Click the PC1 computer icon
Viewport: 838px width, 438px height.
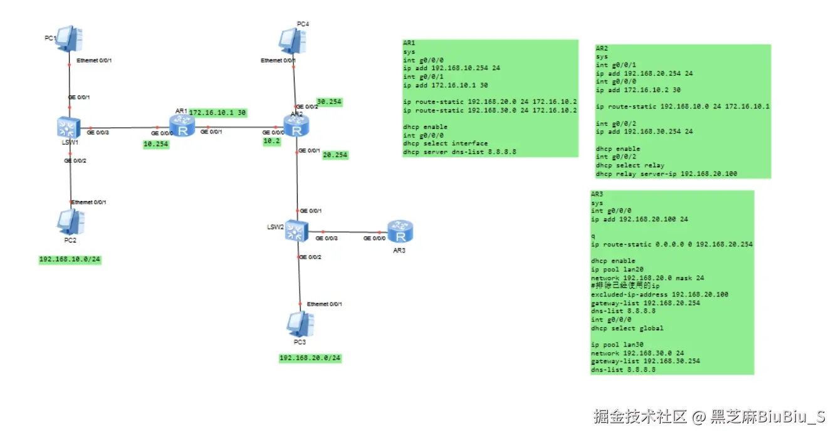coord(69,39)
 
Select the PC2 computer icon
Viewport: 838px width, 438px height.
coord(70,221)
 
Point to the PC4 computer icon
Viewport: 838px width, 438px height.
coord(293,41)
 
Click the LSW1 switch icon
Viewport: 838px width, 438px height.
coord(66,128)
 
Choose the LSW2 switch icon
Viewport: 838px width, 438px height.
coord(294,232)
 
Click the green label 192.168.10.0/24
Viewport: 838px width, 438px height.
coord(70,259)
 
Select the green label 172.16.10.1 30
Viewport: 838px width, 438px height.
coord(217,113)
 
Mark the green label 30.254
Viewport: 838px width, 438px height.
coord(329,102)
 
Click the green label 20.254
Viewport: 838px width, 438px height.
coord(335,155)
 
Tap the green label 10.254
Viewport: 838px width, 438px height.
coord(155,144)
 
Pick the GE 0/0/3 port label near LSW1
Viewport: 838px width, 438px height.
coord(97,133)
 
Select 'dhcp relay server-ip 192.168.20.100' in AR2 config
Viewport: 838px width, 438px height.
coord(666,174)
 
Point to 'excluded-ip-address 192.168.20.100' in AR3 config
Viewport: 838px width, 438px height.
coord(659,295)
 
